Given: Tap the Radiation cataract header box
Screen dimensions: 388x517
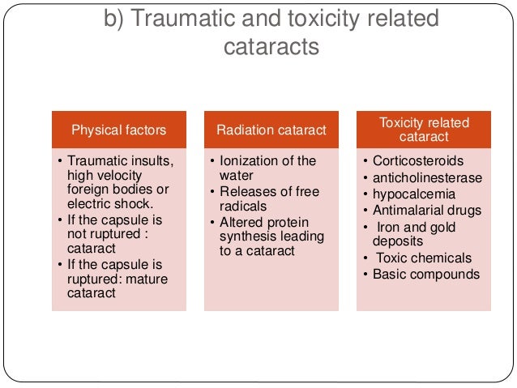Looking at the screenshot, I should click(x=271, y=130).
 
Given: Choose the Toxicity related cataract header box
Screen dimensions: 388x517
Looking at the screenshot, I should click(x=424, y=130).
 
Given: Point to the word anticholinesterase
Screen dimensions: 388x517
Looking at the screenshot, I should click(x=427, y=177).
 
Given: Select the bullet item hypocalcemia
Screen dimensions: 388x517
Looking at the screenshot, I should click(x=412, y=194).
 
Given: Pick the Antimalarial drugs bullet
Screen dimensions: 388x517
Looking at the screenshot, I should click(x=425, y=211).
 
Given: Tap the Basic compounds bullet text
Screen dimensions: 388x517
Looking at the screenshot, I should click(x=425, y=274).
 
